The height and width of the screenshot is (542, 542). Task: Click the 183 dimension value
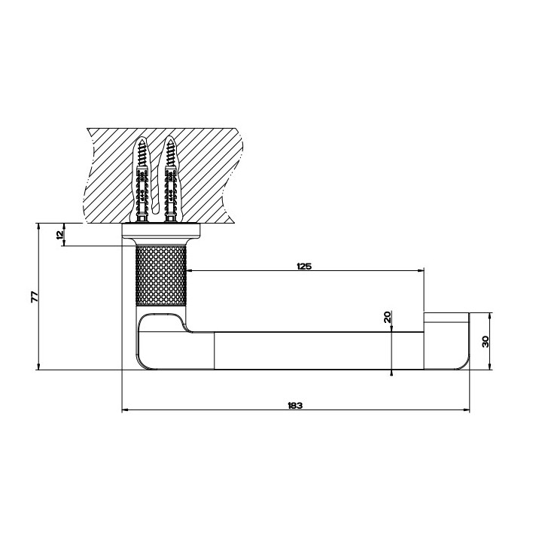[x=295, y=406]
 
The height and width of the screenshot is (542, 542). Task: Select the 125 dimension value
[x=304, y=266]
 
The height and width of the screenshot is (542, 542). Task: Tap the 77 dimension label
[x=35, y=297]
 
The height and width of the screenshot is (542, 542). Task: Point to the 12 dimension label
[x=60, y=234]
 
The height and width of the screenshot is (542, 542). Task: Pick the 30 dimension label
[x=486, y=342]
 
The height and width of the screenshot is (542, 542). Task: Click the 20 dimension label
[x=388, y=317]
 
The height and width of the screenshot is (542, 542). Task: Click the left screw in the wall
[x=142, y=180]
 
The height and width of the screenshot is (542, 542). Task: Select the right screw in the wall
[x=169, y=180]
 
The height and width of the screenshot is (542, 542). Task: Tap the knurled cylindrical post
[x=161, y=276]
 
